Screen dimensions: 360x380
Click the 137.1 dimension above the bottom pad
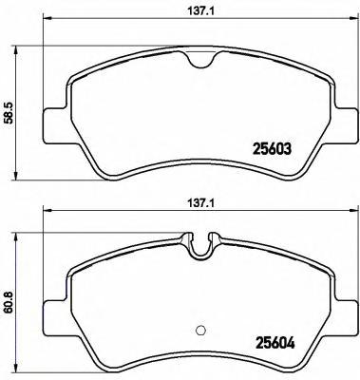[201, 202]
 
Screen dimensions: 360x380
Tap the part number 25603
[272, 149]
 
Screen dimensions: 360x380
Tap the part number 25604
[275, 343]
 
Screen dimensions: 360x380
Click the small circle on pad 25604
[200, 330]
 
